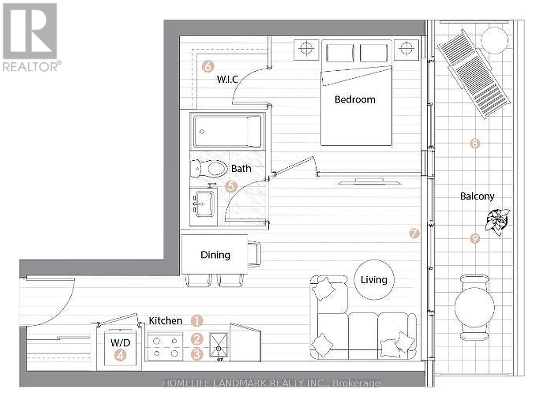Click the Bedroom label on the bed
pos(355,100)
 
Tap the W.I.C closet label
pos(228,79)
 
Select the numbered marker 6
pos(208,66)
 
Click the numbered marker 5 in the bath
pos(231,186)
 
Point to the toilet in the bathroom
pos(209,169)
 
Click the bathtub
pos(228,132)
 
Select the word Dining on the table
pos(215,255)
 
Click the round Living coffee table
pos(374,280)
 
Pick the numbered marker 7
pos(414,233)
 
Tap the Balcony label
pos(477,196)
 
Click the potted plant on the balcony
pos(497,221)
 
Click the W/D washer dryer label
pos(120,343)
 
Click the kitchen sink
pos(218,345)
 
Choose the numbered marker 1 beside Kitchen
pos(197,321)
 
